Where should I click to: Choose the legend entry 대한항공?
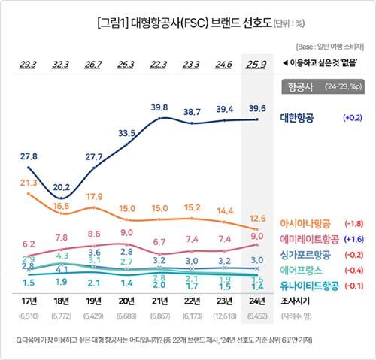pos(297,118)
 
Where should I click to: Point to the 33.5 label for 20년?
pos(126,133)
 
